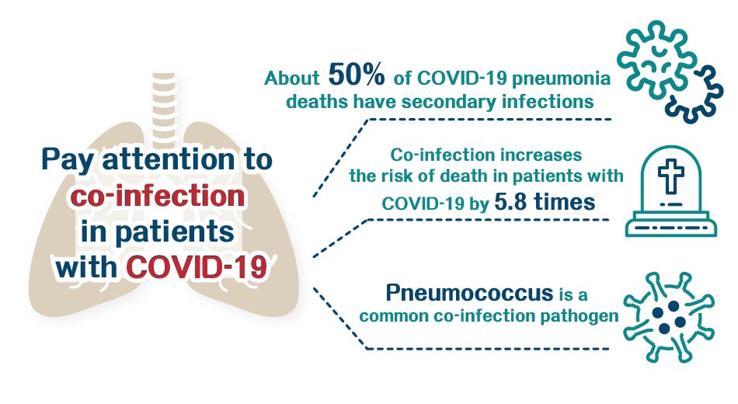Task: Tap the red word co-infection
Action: pos(157,196)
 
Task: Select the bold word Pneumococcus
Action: pos(469,293)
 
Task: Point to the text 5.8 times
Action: pos(545,202)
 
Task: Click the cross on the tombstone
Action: pos(670,176)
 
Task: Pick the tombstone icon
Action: pos(670,190)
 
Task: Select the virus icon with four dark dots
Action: pos(669,319)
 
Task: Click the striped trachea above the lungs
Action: pos(164,104)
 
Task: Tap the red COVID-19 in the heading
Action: pos(197,267)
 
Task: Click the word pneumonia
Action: pos(561,79)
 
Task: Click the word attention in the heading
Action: pos(168,159)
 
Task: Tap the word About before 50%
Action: pos(292,78)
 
